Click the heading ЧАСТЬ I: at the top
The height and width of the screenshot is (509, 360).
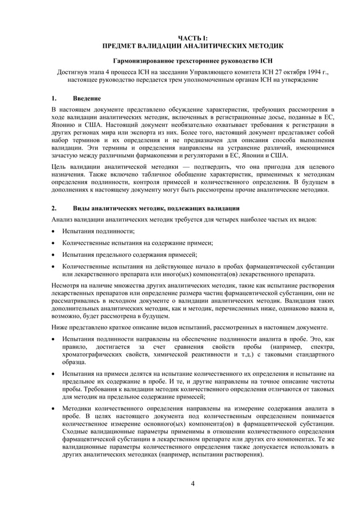point(192,37)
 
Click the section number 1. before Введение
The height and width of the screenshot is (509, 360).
point(54,99)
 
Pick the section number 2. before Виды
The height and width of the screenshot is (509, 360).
point(54,208)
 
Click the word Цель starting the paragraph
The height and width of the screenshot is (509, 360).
point(59,167)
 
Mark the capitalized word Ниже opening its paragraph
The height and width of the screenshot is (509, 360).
point(59,327)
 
